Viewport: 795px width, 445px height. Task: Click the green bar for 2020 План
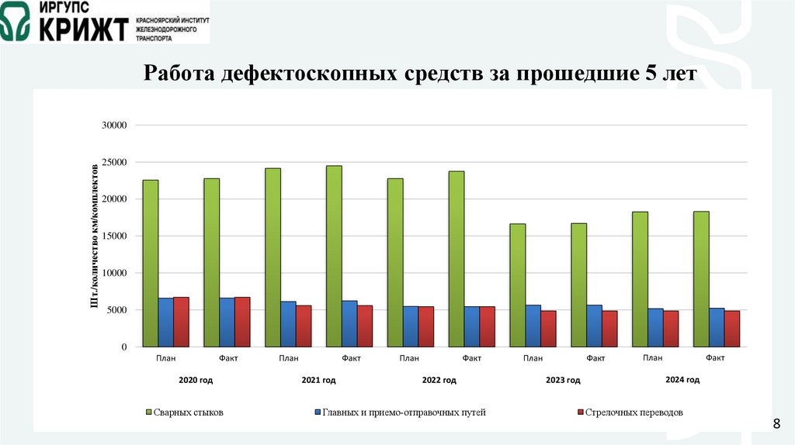[x=151, y=264]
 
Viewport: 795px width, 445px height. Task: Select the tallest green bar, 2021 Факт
[x=334, y=256]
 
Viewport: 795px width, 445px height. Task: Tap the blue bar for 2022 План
[x=411, y=326]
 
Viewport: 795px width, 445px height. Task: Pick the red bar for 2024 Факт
[x=732, y=329]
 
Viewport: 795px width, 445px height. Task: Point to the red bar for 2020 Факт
[x=242, y=322]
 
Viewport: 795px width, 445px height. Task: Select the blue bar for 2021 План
[x=288, y=324]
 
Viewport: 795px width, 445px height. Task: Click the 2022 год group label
[x=439, y=381]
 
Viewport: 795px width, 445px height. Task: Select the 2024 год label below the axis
[x=682, y=380]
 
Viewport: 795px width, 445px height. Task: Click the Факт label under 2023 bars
[x=595, y=358]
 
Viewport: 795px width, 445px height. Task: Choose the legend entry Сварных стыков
[x=187, y=412]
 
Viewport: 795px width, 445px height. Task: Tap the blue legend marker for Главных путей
[x=318, y=412]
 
